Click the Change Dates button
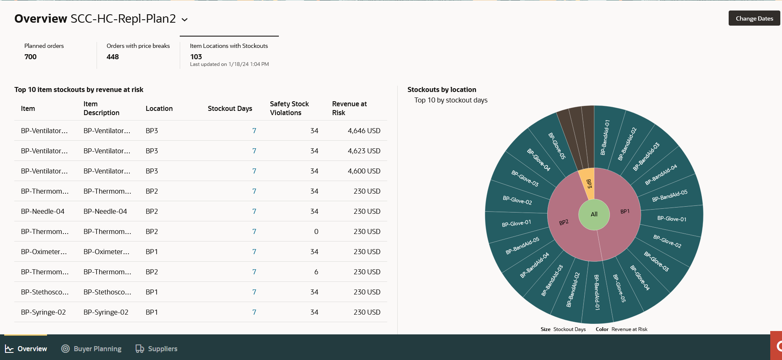[x=754, y=18]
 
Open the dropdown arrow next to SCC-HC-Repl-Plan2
[x=184, y=19]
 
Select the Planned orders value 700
[x=31, y=57]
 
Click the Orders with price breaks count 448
[x=113, y=57]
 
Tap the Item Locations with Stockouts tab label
[x=228, y=46]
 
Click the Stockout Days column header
[x=230, y=108]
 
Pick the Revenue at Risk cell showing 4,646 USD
[x=364, y=131]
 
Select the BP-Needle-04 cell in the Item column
[x=43, y=211]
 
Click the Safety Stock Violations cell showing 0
[x=316, y=231]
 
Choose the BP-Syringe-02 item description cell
[x=106, y=312]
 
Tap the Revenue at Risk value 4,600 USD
[x=364, y=171]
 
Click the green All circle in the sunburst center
[x=594, y=214]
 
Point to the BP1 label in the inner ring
[x=625, y=211]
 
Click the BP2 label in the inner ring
[x=564, y=222]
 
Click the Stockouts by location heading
[x=442, y=89]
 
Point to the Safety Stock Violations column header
[x=289, y=108]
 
